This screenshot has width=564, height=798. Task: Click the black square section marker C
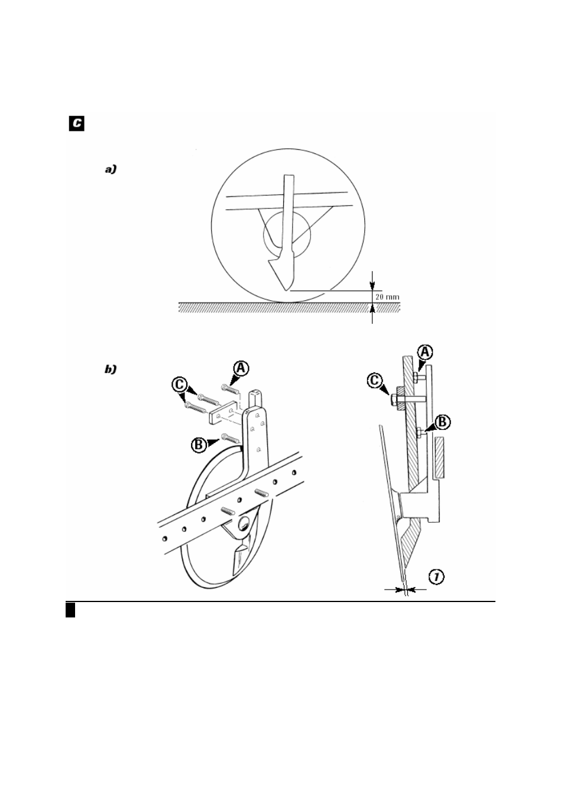click(x=76, y=123)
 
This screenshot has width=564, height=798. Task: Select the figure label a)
click(x=111, y=169)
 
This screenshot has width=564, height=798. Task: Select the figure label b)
click(x=111, y=369)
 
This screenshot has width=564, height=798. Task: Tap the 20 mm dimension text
click(x=387, y=297)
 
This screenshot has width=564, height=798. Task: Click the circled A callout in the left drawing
click(x=241, y=369)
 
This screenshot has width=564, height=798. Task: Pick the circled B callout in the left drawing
click(x=199, y=445)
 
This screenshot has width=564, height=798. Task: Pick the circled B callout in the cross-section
click(x=442, y=422)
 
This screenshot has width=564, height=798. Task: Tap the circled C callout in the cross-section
click(x=375, y=381)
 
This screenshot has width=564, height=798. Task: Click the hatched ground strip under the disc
click(x=289, y=307)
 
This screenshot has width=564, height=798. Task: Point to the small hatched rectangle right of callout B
click(x=439, y=457)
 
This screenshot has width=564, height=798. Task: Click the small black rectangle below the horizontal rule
click(x=70, y=610)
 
